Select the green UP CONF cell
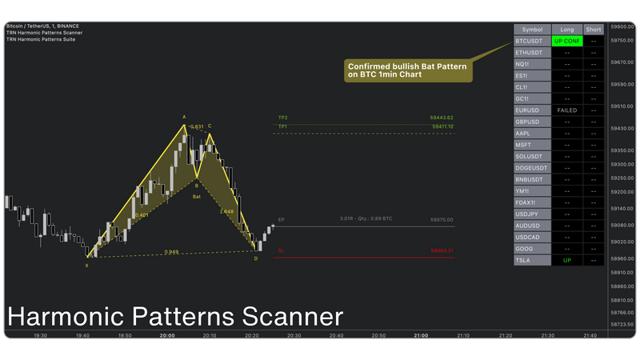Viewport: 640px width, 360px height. (566, 40)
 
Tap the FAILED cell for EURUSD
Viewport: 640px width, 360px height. (566, 110)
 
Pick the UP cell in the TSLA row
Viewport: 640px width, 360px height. (566, 261)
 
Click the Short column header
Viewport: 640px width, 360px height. (594, 30)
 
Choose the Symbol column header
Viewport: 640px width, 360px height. (532, 30)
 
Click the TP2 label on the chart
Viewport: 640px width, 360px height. (282, 118)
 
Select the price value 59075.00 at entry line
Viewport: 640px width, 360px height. (442, 219)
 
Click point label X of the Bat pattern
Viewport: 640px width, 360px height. (86, 265)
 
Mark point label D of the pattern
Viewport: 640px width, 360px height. (256, 258)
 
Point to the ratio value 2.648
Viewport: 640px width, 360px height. (226, 212)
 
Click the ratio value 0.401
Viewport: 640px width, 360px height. (142, 215)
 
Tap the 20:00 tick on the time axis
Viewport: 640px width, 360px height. (167, 336)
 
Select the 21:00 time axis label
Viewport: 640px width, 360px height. (419, 336)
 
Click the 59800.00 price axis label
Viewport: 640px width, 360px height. (621, 26)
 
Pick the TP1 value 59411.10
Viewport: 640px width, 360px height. (442, 126)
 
